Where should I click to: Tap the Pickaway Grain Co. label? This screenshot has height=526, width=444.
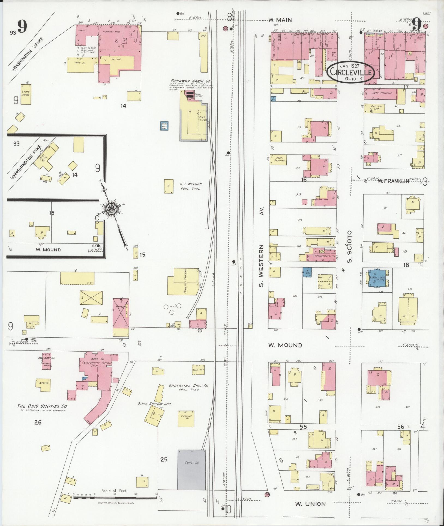point(191,81)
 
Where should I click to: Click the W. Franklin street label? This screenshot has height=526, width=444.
point(394,181)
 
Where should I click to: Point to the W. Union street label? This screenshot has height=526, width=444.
point(310,504)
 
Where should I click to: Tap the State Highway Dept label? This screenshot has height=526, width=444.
point(154,404)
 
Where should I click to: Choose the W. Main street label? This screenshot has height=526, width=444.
point(280,20)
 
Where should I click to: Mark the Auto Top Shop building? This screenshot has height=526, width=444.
point(374,109)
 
